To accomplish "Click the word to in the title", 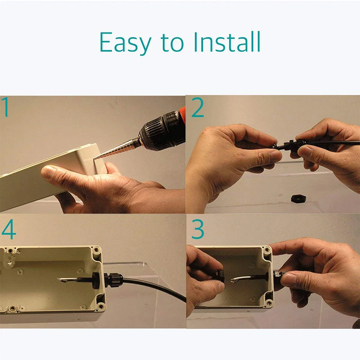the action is [x=172, y=42].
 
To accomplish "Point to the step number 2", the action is [x=198, y=107].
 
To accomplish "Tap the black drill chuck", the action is [x=161, y=132].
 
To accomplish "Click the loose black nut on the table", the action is [x=298, y=198].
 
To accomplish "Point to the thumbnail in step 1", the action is [x=49, y=171].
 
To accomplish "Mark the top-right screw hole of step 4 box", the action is [x=96, y=249].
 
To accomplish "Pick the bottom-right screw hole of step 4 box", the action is [x=100, y=306].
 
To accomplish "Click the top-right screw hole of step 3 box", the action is [x=266, y=249].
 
